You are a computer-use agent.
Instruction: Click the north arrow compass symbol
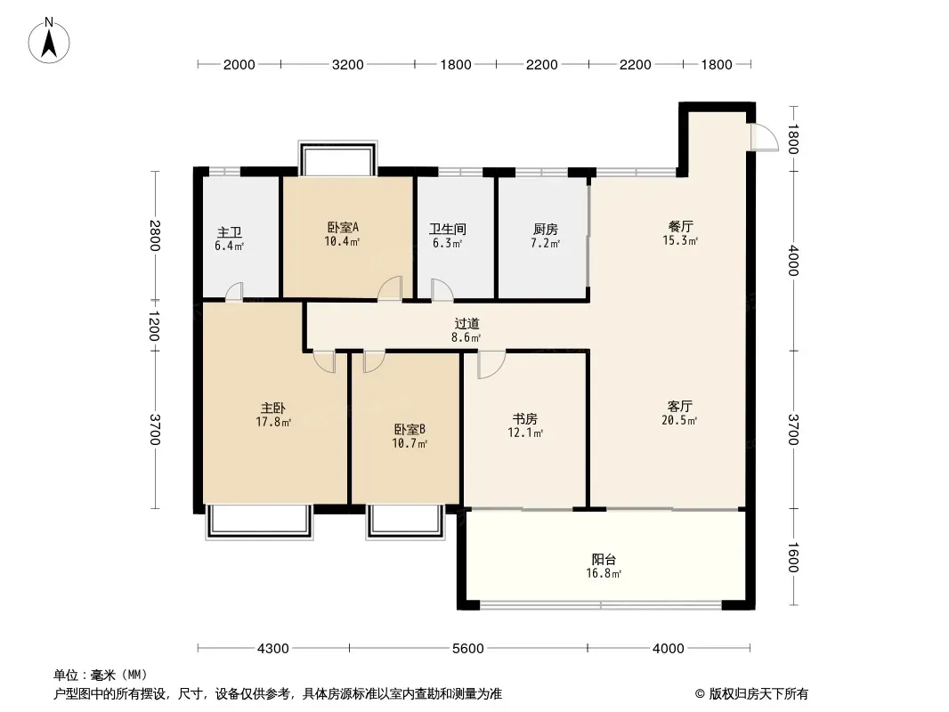pyautogui.click(x=49, y=41)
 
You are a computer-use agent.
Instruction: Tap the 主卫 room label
pyautogui.click(x=230, y=232)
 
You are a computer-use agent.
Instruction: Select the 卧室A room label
pyautogui.click(x=343, y=228)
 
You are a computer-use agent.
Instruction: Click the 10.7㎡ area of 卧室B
pyautogui.click(x=410, y=443)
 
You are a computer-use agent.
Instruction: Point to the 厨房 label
pyautogui.click(x=546, y=230)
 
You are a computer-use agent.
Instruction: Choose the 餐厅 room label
pyautogui.click(x=680, y=226)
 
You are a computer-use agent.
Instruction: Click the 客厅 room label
pyautogui.click(x=679, y=406)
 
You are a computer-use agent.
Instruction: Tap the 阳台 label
pyautogui.click(x=604, y=560)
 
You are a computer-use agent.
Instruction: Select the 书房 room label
pyautogui.click(x=524, y=418)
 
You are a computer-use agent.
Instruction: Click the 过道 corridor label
pyautogui.click(x=466, y=324)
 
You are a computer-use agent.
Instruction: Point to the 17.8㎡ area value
pyautogui.click(x=273, y=422)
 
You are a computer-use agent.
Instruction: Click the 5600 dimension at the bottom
pyautogui.click(x=468, y=649)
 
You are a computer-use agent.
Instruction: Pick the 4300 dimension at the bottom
pyautogui.click(x=273, y=649)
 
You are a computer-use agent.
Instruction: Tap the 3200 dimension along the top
pyautogui.click(x=348, y=65)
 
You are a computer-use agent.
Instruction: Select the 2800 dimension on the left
pyautogui.click(x=156, y=236)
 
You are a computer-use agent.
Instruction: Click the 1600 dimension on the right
pyautogui.click(x=793, y=557)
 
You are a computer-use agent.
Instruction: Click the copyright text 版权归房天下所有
pyautogui.click(x=758, y=694)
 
